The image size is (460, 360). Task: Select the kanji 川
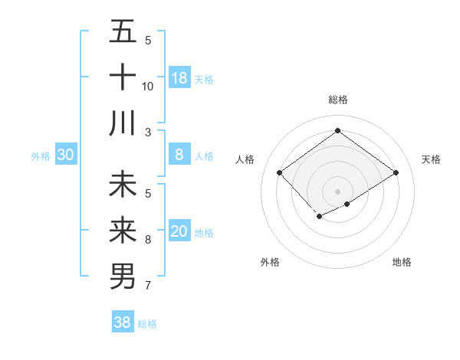pyautogui.click(x=123, y=123)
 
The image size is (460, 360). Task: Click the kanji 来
pyautogui.click(x=123, y=231)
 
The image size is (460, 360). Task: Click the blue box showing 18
pyautogui.click(x=179, y=77)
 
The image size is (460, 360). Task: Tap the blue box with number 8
pyautogui.click(x=179, y=155)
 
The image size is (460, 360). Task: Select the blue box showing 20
pyautogui.click(x=179, y=231)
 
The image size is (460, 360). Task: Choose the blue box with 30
pyautogui.click(x=66, y=155)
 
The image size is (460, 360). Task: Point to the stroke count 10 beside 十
pyautogui.click(x=148, y=87)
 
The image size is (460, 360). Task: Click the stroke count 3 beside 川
pyautogui.click(x=148, y=133)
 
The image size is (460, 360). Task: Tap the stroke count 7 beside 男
pyautogui.click(x=148, y=286)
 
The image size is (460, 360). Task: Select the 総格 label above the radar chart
pyautogui.click(x=337, y=100)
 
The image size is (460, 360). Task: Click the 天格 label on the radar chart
pyautogui.click(x=431, y=159)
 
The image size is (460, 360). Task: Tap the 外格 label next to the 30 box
pyautogui.click(x=41, y=156)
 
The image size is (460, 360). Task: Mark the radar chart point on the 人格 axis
pyautogui.click(x=280, y=173)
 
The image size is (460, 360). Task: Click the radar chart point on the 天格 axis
pyautogui.click(x=396, y=173)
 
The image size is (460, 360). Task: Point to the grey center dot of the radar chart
pyautogui.click(x=337, y=191)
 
